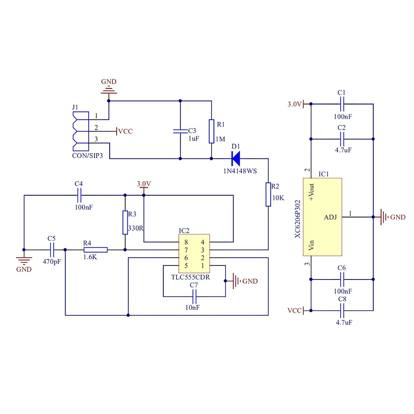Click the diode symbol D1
(236, 159)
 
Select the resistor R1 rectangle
(211, 131)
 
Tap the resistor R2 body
(268, 194)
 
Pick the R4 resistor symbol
(95, 250)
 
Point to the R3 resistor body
(125, 222)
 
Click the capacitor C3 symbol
(180, 131)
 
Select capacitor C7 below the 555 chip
(195, 297)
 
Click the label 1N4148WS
(240, 171)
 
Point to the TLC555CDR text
(190, 277)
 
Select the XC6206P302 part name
(298, 219)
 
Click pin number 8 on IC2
(186, 242)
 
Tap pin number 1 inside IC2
(203, 266)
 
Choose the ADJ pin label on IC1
(330, 217)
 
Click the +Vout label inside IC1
(311, 192)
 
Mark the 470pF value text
(52, 262)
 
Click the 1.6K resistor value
(90, 257)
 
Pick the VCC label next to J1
(125, 131)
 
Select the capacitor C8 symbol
(342, 311)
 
